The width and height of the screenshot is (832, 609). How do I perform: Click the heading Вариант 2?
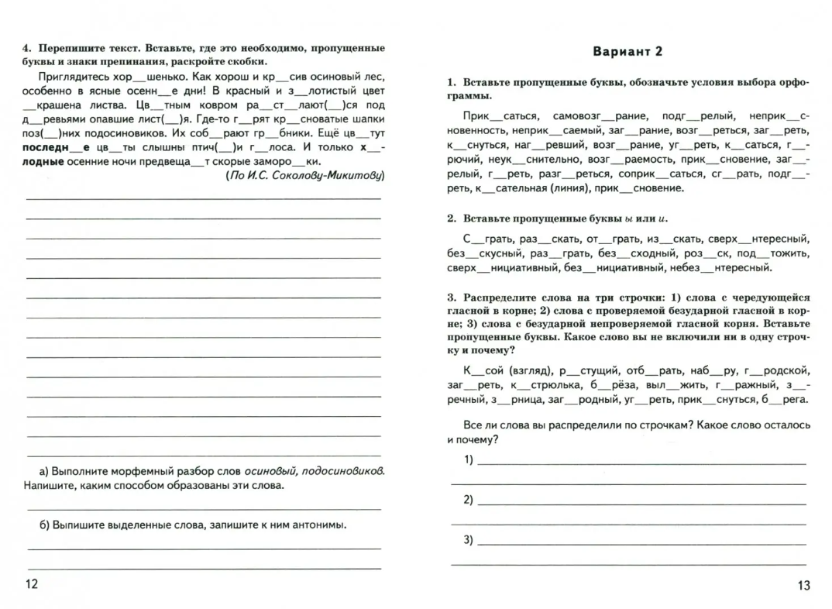pyautogui.click(x=628, y=52)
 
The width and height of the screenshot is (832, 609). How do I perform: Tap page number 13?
pyautogui.click(x=803, y=586)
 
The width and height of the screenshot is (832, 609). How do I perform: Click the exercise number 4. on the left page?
pyautogui.click(x=26, y=48)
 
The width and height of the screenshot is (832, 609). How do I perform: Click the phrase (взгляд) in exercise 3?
pyautogui.click(x=521, y=370)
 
